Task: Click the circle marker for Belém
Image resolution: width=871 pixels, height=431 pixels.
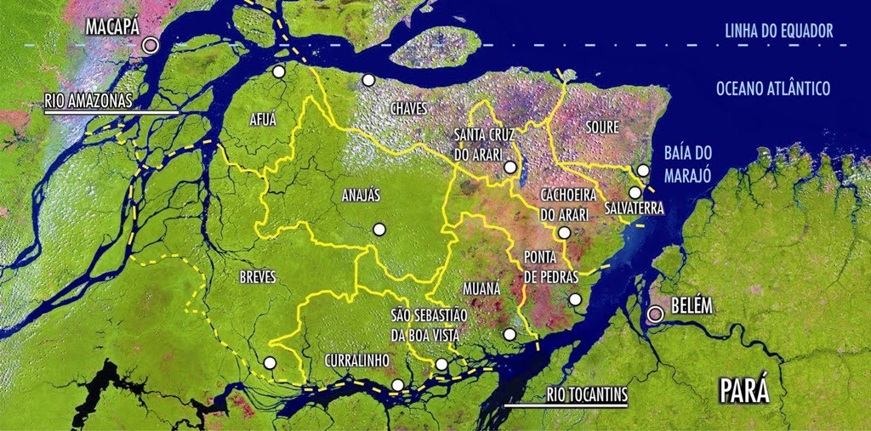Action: coord(655,315)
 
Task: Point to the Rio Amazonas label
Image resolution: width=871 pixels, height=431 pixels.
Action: coord(88,100)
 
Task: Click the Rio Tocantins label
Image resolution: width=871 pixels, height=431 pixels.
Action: coord(587,394)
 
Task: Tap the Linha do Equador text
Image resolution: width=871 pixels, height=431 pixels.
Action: coord(778,32)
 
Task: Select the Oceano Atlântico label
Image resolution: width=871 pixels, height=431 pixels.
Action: coord(772,88)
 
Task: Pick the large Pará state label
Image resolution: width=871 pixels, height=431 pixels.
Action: coord(744,392)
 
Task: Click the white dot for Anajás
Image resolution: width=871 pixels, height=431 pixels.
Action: coord(379,229)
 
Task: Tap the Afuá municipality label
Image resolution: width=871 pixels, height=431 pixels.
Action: coord(263,119)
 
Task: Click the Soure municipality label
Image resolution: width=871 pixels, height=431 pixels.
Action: coord(602,127)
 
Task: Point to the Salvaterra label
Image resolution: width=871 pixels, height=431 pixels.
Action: coord(635,208)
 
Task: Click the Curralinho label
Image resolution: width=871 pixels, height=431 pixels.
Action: coord(356,360)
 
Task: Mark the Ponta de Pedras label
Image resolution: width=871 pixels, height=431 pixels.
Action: coord(551,266)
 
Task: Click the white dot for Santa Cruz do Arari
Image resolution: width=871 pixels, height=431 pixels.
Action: coord(509,167)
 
